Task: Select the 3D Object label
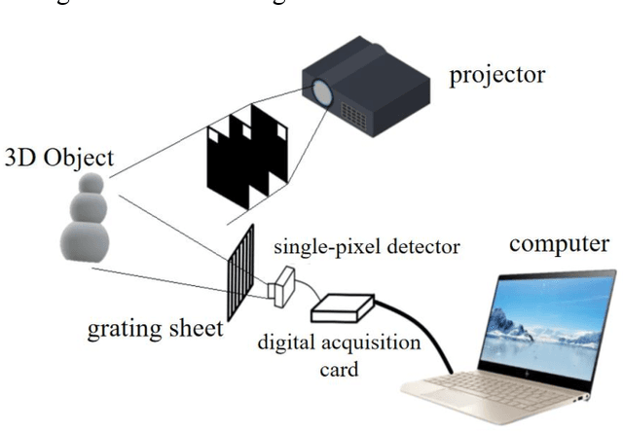(x=58, y=158)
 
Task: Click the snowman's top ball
(x=91, y=183)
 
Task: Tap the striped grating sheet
(x=240, y=272)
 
